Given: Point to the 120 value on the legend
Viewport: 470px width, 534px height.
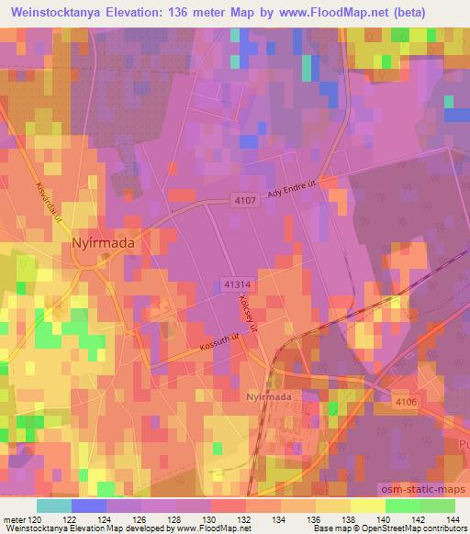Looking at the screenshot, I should (35, 520).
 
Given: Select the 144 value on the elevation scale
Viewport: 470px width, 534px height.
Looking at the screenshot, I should (454, 520).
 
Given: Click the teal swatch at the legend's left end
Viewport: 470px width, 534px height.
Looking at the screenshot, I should (53, 506).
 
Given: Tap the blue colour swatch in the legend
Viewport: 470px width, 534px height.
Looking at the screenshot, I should (88, 506).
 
